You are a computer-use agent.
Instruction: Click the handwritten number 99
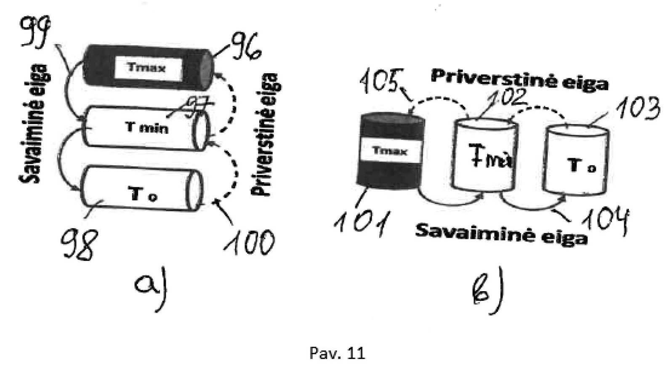coord(35,32)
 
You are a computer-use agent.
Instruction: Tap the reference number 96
coord(245,47)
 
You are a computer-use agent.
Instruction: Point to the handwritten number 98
coord(78,244)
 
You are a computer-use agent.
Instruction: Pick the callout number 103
coord(638,109)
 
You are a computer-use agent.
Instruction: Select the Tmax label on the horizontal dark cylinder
coord(146,67)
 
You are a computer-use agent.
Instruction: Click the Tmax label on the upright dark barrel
coord(390,151)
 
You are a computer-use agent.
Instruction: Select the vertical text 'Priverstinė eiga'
coord(265,135)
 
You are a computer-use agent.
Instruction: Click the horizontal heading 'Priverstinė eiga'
coord(519,80)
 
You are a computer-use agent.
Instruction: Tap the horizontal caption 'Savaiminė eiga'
coord(501,234)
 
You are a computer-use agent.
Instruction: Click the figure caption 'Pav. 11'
coord(337,353)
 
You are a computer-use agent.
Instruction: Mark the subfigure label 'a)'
coord(152,288)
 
